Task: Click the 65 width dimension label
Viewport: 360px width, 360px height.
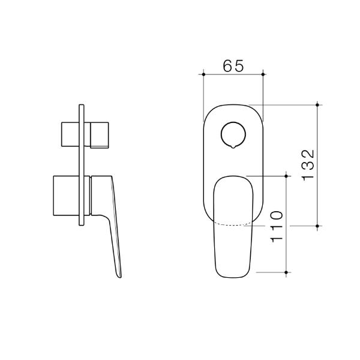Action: [x=233, y=66]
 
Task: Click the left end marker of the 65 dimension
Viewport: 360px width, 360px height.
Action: [x=204, y=74]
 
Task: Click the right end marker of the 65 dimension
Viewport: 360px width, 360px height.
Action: [x=263, y=74]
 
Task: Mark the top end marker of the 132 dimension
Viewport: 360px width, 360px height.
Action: [x=317, y=104]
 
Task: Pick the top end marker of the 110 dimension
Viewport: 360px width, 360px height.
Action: [x=287, y=176]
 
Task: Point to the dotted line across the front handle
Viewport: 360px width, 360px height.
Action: [x=233, y=224]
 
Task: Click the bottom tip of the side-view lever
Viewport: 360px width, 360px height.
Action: [x=121, y=277]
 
